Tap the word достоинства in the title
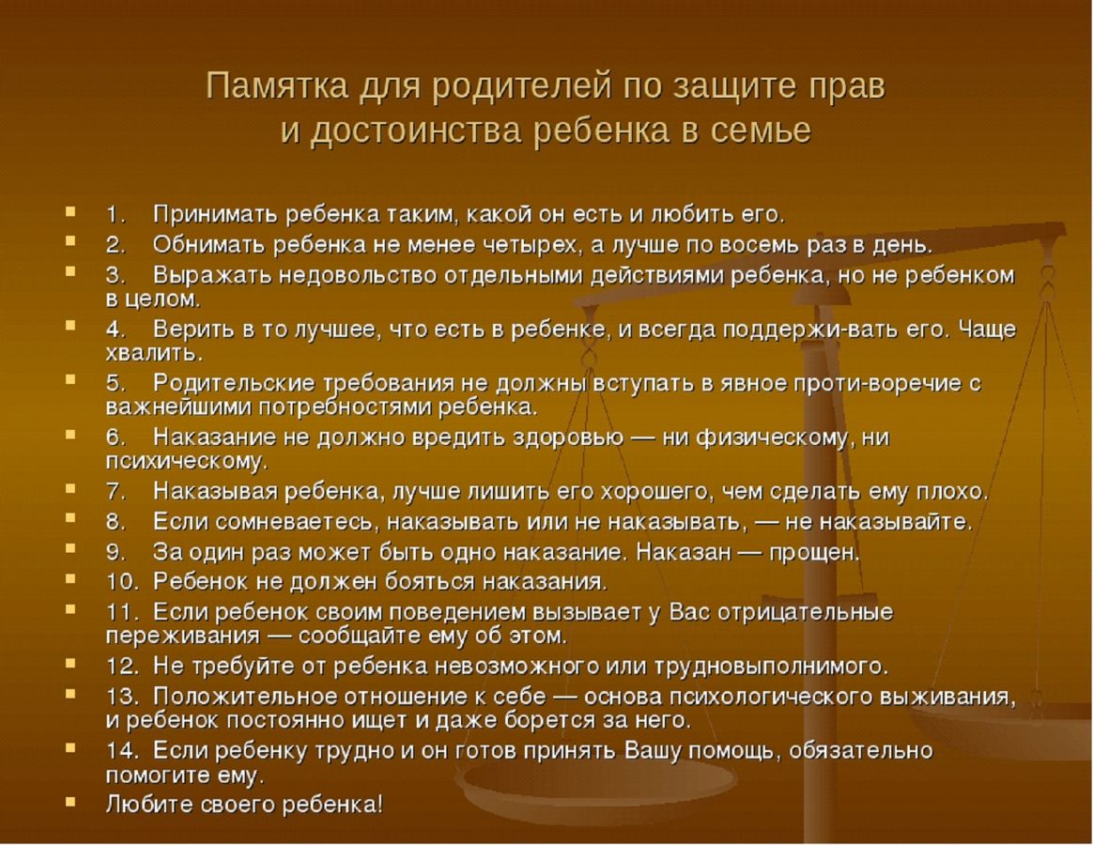click(415, 131)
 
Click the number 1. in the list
click(115, 214)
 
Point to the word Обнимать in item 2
click(209, 245)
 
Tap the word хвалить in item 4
click(153, 353)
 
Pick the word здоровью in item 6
click(568, 438)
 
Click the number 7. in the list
click(115, 492)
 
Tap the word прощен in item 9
click(813, 554)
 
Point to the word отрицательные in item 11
click(805, 613)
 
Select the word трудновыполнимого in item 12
click(770, 668)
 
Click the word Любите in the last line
click(150, 806)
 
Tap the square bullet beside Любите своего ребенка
click(69, 802)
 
